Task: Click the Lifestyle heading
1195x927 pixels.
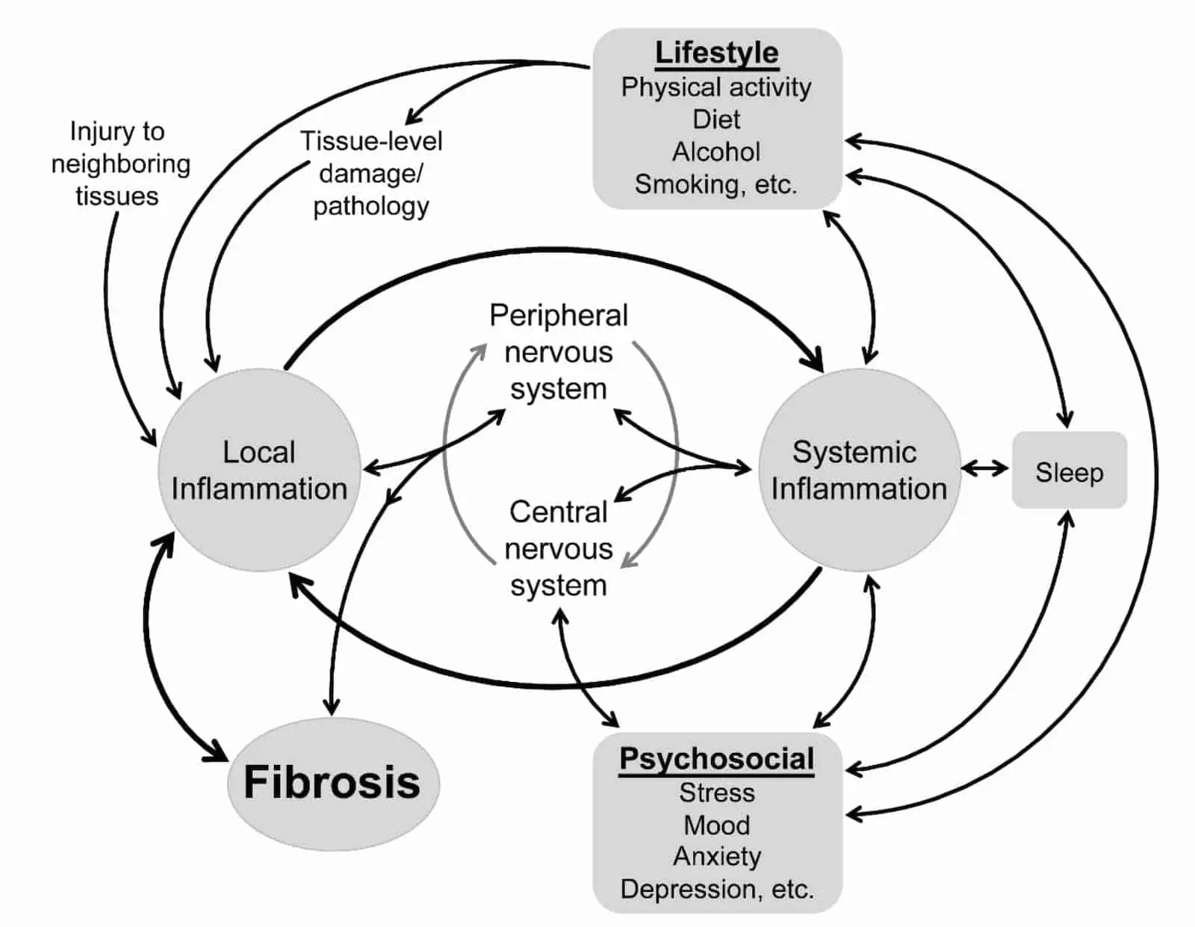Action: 716,53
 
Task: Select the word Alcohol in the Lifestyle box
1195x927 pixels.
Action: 716,152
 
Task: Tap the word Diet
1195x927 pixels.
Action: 716,120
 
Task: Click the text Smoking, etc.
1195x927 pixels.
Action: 716,184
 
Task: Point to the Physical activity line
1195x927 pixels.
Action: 716,87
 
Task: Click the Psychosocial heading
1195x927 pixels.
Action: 716,759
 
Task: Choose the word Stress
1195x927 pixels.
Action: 716,793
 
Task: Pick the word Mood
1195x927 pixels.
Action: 716,825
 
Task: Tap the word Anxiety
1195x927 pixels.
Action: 716,857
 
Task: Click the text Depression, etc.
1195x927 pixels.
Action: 716,889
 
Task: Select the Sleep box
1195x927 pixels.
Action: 1069,471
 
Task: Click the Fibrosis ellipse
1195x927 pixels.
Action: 332,783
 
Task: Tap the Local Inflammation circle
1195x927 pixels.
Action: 258,471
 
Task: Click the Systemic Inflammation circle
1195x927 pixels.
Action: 859,471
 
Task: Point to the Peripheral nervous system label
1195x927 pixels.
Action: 559,352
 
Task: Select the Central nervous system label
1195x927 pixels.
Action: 559,548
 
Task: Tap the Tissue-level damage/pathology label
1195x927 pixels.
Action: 371,173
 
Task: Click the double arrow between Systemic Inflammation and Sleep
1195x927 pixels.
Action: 984,469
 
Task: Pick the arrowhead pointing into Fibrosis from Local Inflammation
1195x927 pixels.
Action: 217,751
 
